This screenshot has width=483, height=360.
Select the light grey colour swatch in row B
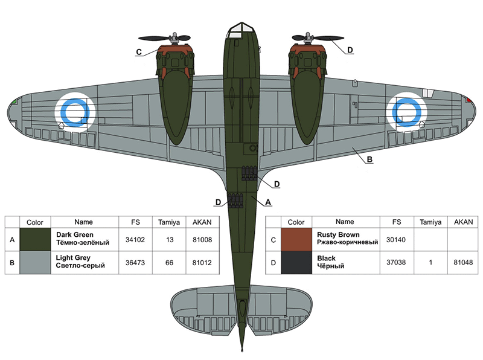click(35, 262)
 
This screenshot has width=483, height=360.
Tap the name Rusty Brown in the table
click(338, 235)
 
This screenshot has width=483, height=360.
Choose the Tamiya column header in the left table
click(170, 222)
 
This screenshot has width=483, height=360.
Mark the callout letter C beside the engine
click(139, 53)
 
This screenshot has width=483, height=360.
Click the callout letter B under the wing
click(369, 160)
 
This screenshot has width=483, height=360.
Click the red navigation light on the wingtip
click(468, 100)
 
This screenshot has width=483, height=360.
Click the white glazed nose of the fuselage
click(241, 27)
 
